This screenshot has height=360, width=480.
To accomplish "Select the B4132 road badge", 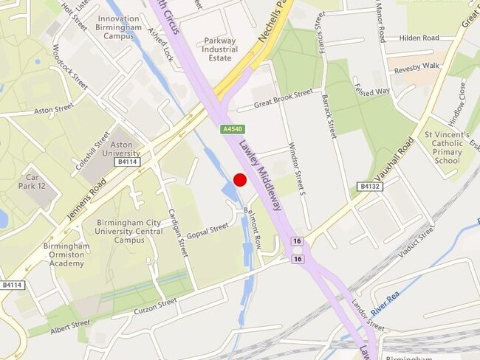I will (369, 187).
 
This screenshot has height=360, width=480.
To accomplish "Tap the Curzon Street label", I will (156, 305).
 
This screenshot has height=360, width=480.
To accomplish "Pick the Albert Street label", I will (70, 325).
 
